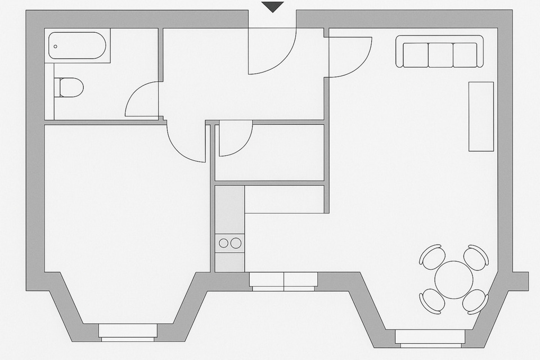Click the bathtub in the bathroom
point(77,46)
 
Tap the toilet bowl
point(71,87)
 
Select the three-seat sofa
point(440,52)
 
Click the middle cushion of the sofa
point(440,55)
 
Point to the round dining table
point(454,280)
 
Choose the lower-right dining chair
point(475,301)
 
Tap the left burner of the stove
point(224,243)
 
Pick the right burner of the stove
point(236,243)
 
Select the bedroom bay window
point(128,331)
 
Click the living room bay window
point(430,337)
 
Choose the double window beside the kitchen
point(284,281)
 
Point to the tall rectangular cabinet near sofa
point(481,116)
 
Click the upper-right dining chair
point(476,257)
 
